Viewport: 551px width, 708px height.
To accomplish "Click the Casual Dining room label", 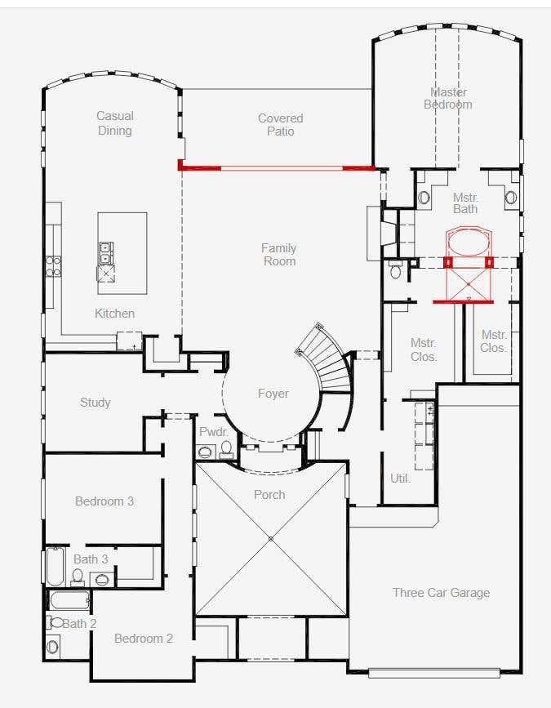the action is pyautogui.click(x=115, y=123).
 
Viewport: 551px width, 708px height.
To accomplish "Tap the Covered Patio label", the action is pyautogui.click(x=280, y=125).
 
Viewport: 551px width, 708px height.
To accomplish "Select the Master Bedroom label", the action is pyautogui.click(x=448, y=99).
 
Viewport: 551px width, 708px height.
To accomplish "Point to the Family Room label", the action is pyautogui.click(x=280, y=255).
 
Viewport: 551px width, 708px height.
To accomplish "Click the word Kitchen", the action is pyautogui.click(x=114, y=314).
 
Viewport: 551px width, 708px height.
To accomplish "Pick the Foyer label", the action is pyautogui.click(x=273, y=394).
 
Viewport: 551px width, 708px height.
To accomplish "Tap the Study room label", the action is pyautogui.click(x=96, y=403).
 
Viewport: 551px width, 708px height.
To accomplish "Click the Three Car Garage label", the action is pyautogui.click(x=441, y=593).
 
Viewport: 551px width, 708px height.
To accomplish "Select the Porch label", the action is pyautogui.click(x=269, y=495).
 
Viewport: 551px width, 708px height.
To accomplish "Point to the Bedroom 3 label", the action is pyautogui.click(x=104, y=501).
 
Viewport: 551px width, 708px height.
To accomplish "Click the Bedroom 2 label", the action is pyautogui.click(x=144, y=639).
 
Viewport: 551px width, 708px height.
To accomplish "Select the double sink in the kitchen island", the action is pyautogui.click(x=106, y=253).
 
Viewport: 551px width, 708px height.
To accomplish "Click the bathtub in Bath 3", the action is pyautogui.click(x=56, y=566).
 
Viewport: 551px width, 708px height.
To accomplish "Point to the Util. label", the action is pyautogui.click(x=400, y=479).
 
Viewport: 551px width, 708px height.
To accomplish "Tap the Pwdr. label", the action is pyautogui.click(x=213, y=432).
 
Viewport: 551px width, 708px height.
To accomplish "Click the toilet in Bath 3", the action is pyautogui.click(x=78, y=577).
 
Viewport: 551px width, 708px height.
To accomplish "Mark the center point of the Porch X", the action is pyautogui.click(x=271, y=539).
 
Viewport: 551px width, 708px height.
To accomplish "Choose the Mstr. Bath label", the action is pyautogui.click(x=465, y=203).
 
